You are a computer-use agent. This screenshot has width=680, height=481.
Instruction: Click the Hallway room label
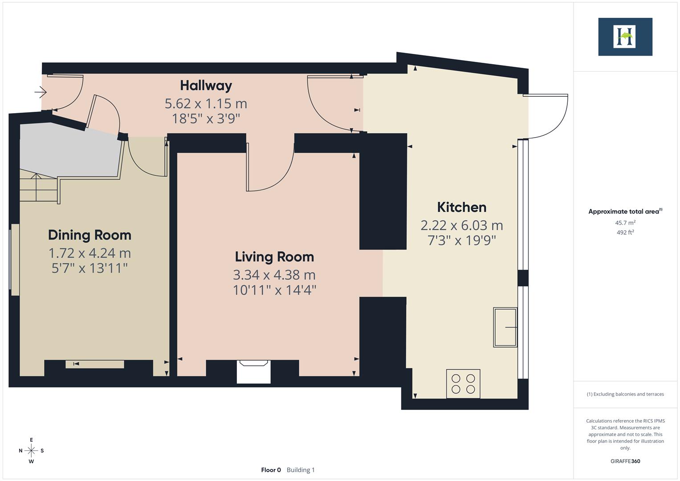click(206, 85)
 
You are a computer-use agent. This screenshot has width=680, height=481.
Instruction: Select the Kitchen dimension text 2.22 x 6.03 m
click(461, 225)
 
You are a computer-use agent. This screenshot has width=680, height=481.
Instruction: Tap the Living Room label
click(274, 257)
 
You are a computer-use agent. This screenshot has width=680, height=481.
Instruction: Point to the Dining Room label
click(90, 235)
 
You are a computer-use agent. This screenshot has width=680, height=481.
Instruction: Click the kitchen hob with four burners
click(463, 383)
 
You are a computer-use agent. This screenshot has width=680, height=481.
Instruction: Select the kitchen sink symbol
click(505, 327)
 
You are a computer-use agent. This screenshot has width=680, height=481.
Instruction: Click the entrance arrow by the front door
click(41, 92)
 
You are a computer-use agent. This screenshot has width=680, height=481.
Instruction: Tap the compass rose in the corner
click(31, 450)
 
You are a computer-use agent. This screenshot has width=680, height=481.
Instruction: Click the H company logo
click(625, 37)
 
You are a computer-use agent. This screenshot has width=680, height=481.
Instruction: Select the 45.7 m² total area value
click(625, 223)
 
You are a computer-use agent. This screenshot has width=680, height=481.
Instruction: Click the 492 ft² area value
click(625, 232)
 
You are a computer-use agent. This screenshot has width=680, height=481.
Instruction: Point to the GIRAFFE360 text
click(625, 461)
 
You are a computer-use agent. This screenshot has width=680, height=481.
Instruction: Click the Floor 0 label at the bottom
click(271, 470)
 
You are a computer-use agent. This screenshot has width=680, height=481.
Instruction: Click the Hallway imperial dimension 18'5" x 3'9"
click(206, 118)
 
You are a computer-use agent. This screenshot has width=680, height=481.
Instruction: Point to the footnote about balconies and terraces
click(625, 394)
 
